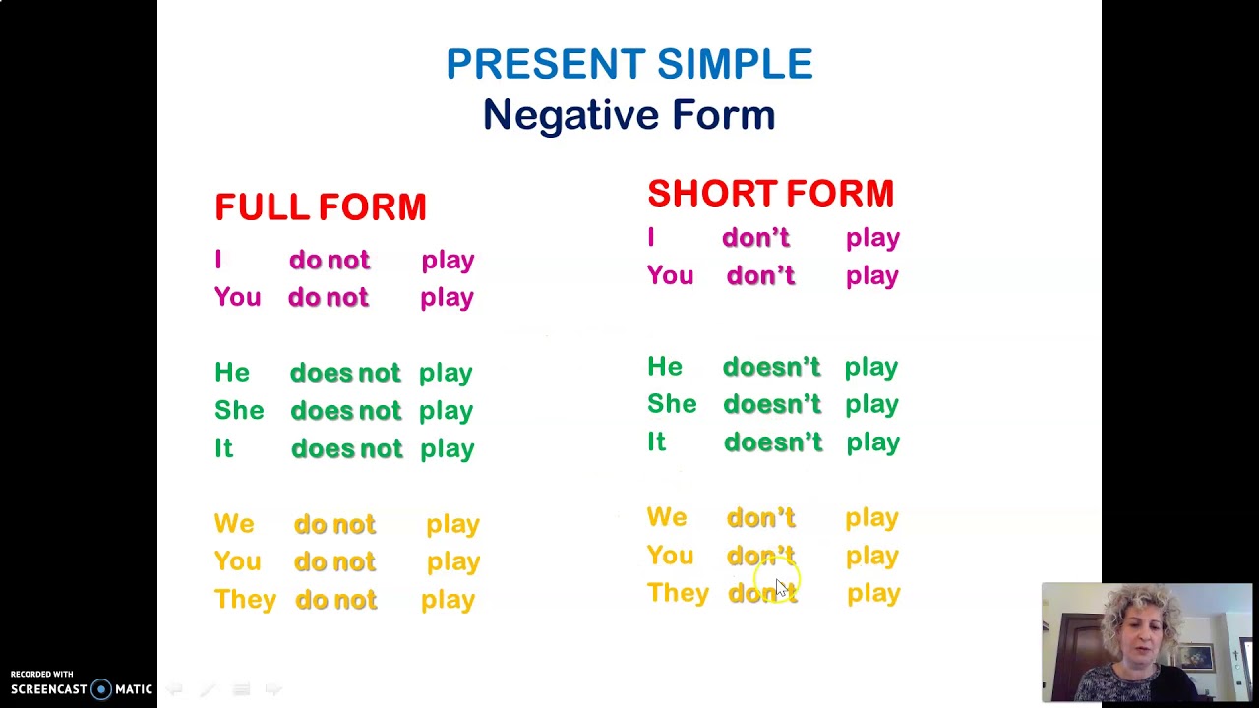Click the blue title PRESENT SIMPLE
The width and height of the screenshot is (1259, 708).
[629, 64]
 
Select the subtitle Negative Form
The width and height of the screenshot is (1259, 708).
[629, 115]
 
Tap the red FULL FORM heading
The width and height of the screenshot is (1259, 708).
[321, 207]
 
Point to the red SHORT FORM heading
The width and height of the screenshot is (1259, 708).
[770, 194]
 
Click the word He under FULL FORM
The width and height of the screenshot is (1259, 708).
[232, 373]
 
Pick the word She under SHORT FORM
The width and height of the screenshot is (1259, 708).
[672, 404]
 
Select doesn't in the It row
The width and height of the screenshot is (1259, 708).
[772, 442]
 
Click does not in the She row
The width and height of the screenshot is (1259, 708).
[345, 411]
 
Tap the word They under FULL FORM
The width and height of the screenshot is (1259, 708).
[245, 600]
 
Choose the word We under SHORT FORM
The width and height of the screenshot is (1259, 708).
[667, 517]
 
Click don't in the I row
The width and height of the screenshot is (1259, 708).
[755, 238]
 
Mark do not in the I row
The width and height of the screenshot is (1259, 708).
[330, 260]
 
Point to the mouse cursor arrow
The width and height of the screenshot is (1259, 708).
[781, 587]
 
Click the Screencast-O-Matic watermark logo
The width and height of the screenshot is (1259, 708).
[81, 688]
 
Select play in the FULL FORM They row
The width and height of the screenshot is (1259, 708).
[448, 600]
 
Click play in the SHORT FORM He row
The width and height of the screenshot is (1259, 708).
[870, 367]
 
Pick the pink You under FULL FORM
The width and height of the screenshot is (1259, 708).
[237, 298]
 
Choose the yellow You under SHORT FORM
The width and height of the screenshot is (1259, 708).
[670, 556]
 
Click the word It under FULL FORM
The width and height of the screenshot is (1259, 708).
[223, 448]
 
